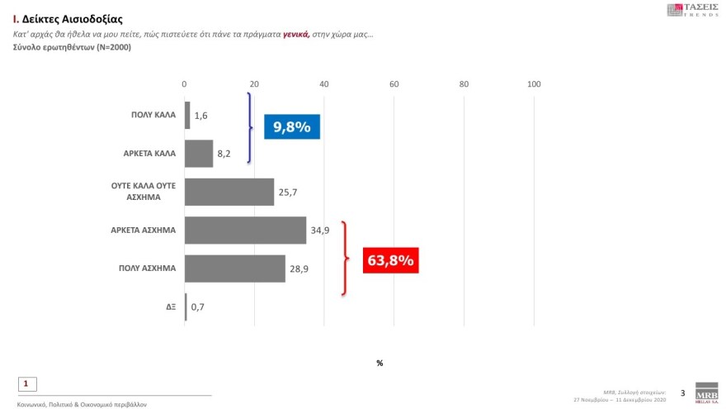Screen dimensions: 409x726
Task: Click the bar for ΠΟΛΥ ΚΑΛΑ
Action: tap(187, 115)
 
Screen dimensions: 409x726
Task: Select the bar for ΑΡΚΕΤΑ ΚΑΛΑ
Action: tap(199, 154)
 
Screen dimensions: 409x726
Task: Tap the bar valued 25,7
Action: tap(229, 192)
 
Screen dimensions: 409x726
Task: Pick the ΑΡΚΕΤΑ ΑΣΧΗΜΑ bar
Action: tap(245, 231)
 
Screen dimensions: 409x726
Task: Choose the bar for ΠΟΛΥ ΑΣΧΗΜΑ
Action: tap(234, 269)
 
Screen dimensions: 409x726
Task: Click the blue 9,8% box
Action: tap(291, 127)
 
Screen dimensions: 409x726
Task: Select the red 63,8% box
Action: tap(391, 261)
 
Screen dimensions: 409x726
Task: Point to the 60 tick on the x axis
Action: tap(394, 83)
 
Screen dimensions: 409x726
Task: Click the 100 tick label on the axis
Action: tap(534, 83)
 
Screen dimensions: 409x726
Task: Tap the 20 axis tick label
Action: tap(254, 83)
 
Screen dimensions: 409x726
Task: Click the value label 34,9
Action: tap(320, 231)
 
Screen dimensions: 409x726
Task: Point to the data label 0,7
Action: tap(198, 307)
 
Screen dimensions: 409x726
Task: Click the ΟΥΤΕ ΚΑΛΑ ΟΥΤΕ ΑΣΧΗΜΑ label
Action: tap(144, 192)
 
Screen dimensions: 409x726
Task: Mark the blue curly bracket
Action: tap(248, 128)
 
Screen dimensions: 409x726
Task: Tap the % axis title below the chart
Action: tap(379, 363)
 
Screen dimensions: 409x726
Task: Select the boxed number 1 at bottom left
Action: tap(26, 383)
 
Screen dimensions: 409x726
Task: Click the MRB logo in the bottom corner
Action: tap(706, 392)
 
